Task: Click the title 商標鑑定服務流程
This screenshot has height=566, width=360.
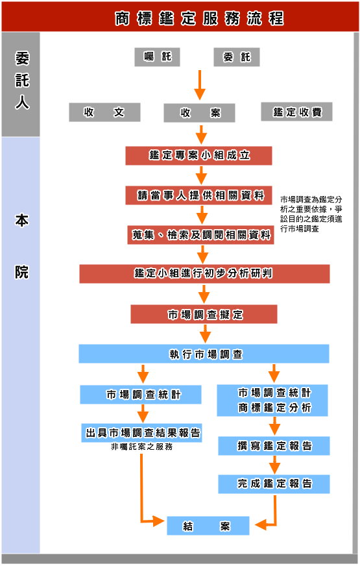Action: tap(200, 18)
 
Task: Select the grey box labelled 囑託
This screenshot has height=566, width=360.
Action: tap(157, 57)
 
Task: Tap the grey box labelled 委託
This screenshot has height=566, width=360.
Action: tap(237, 57)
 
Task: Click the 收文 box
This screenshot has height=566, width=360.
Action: tap(104, 112)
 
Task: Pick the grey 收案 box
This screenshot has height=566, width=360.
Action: tap(200, 113)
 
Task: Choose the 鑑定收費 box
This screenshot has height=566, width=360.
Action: tap(297, 112)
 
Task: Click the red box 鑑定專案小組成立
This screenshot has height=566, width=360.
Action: tap(198, 156)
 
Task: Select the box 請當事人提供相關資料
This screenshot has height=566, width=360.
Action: tap(198, 195)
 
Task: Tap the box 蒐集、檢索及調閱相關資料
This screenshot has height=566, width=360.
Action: tap(200, 235)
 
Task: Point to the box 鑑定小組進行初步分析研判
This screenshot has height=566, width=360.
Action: tap(204, 274)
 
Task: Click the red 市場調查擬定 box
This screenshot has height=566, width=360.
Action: tap(204, 314)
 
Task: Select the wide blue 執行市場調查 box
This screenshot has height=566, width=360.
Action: tap(204, 354)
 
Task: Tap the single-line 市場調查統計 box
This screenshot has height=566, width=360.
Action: tap(141, 395)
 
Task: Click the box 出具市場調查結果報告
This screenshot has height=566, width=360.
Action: tap(142, 432)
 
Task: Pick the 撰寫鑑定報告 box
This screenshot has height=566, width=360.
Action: tap(274, 446)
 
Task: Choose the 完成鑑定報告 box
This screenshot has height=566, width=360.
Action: tap(274, 484)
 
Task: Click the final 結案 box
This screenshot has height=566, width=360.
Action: tap(208, 526)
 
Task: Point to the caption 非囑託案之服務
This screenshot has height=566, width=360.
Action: tap(142, 447)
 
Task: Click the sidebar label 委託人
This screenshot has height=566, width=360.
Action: tap(21, 80)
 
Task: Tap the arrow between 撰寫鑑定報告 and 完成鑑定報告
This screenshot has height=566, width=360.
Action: tap(274, 465)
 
